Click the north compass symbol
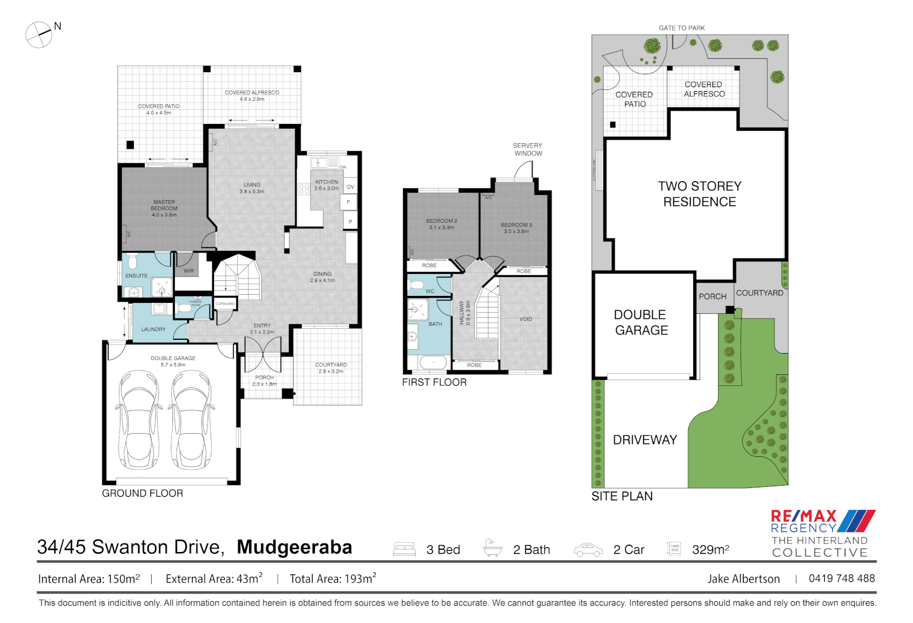(x=39, y=35)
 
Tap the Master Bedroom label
(x=164, y=208)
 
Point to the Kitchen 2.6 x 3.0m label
(x=326, y=185)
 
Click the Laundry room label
(x=153, y=329)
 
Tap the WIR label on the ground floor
(x=189, y=271)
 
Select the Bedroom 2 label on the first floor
(x=441, y=224)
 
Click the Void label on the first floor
(x=525, y=319)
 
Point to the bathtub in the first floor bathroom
(x=432, y=362)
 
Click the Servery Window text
(x=528, y=149)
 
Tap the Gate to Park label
(x=682, y=28)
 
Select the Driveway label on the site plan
(x=645, y=440)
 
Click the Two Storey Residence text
(x=700, y=194)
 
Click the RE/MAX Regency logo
(x=822, y=521)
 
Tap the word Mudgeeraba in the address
(x=294, y=547)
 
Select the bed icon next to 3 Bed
(x=404, y=549)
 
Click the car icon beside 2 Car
(x=588, y=550)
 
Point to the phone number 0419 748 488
(x=841, y=578)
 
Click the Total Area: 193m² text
(x=333, y=579)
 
